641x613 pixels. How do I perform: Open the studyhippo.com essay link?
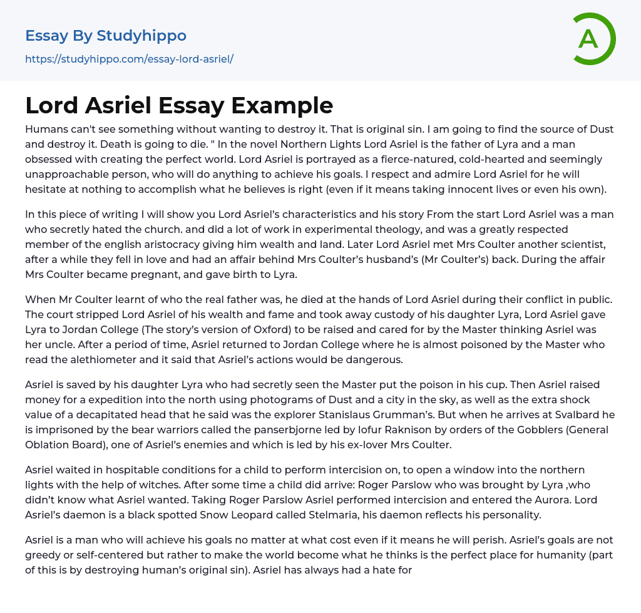129,59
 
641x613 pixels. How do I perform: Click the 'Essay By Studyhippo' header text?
106,36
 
